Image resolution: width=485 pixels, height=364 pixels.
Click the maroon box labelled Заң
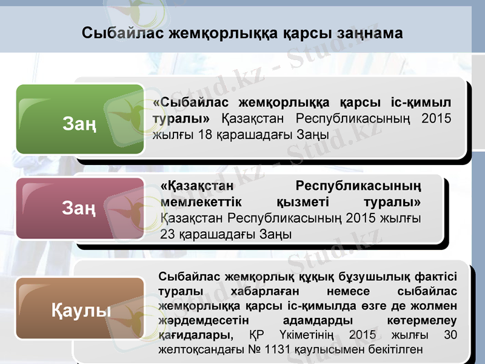point(79,209)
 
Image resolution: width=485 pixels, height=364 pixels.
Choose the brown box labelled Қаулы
point(79,311)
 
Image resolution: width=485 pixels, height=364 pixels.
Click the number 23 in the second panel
point(168,234)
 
